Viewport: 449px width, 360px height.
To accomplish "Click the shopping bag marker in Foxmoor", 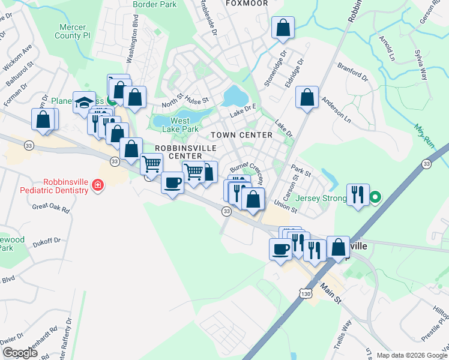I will point(283,28).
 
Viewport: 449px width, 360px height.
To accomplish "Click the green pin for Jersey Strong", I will point(375,196).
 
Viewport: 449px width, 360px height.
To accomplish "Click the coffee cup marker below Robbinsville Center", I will point(172,182).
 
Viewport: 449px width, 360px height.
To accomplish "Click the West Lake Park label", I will point(180,125).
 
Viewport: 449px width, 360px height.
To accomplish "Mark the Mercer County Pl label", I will point(74,31).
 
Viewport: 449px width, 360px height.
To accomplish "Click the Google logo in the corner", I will point(20,352).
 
